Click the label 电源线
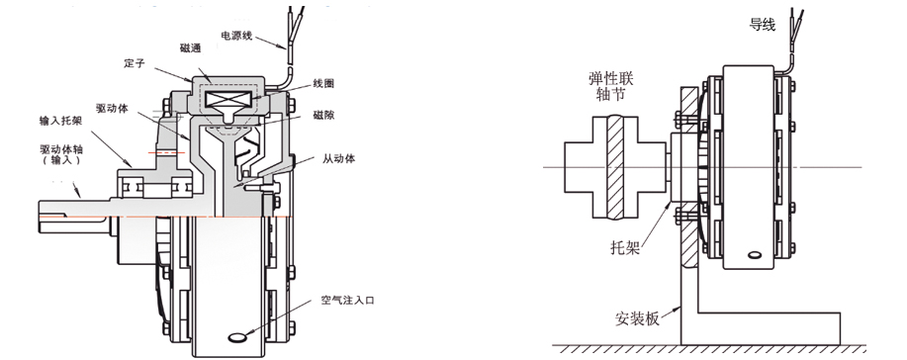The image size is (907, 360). (236, 36)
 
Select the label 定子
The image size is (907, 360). (135, 63)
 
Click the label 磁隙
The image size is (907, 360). (323, 115)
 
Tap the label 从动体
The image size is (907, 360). (338, 158)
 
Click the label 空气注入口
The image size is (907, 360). (347, 301)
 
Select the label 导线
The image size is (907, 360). (763, 25)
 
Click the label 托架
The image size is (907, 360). (625, 247)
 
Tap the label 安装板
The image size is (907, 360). (637, 318)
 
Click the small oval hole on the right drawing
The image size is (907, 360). (755, 254)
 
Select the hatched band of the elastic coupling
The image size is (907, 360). (616, 167)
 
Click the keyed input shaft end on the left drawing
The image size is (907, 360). (63, 215)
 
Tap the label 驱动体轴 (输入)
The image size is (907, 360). (61, 154)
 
